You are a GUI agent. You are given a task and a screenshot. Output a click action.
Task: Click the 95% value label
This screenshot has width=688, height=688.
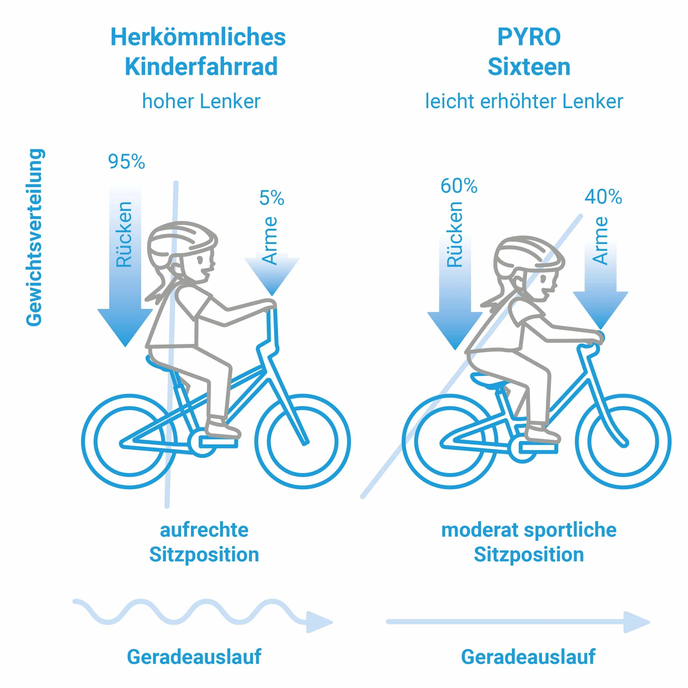126,162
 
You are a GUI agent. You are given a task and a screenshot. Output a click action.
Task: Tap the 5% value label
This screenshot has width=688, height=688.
272,198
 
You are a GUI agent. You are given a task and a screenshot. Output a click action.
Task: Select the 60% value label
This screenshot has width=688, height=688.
459,186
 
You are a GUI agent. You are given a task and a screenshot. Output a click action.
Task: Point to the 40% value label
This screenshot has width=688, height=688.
603,197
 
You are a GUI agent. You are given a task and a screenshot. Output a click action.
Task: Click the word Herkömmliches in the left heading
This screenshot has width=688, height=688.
198,37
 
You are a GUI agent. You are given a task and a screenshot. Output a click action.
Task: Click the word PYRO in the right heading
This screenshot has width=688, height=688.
529,37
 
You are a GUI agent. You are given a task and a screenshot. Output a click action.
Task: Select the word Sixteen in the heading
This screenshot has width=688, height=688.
529,67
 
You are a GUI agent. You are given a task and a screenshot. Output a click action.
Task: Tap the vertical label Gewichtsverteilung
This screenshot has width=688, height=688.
35,237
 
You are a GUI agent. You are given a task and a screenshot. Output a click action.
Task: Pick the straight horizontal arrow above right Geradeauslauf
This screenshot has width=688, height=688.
518,622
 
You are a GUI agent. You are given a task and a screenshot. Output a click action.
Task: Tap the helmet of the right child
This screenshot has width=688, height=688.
529,254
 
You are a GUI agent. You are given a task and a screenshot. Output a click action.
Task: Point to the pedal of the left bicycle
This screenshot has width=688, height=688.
218,443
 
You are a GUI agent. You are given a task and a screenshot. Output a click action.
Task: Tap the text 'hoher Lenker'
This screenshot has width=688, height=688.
201,101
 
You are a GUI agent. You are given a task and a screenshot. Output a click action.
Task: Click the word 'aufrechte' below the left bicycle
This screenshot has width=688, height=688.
204,530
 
